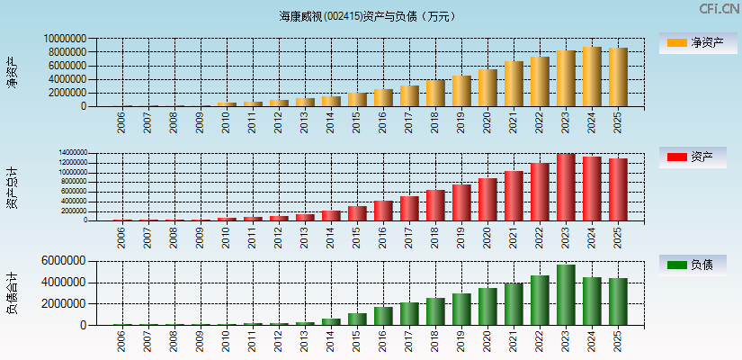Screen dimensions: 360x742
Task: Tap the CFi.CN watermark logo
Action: pos(719,9)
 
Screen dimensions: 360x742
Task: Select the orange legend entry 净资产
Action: pos(692,43)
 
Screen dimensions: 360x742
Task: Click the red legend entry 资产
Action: pos(692,157)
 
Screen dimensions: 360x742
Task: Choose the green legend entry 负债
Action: pos(692,265)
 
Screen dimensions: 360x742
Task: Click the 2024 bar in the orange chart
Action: pos(592,76)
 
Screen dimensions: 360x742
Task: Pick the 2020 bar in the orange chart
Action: pos(487,88)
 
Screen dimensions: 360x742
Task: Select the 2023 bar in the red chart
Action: pos(566,187)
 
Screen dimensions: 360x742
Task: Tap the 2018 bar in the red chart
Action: pos(435,205)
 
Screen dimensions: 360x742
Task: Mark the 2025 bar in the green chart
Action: pos(618,301)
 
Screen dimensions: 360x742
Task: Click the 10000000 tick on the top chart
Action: pos(65,40)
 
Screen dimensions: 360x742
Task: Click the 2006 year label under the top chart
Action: pos(121,121)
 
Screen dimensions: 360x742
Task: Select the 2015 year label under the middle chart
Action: pos(357,236)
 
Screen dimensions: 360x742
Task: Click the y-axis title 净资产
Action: pos(12,72)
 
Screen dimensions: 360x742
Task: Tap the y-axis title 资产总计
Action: pos(12,186)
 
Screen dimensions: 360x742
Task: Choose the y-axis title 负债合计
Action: pos(12,293)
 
